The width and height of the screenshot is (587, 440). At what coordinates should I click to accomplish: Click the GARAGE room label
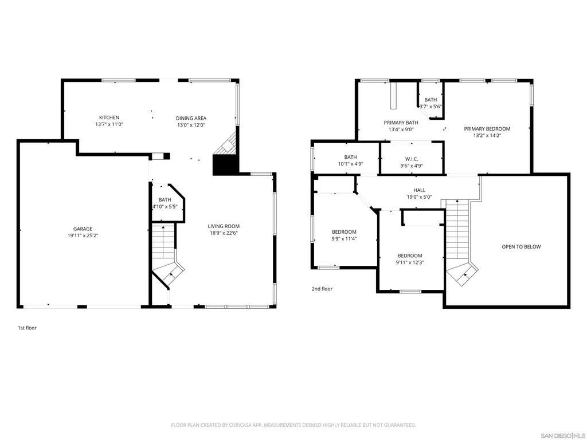pos(83,229)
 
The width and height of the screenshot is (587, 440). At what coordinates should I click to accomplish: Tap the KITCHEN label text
pos(109,117)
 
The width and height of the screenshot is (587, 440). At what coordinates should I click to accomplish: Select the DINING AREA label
pos(191,118)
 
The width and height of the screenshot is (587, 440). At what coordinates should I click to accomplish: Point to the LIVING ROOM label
pos(224,226)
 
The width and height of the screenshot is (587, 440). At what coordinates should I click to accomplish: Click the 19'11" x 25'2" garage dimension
pos(83,235)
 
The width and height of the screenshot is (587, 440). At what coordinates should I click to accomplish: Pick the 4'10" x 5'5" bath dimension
pos(165,206)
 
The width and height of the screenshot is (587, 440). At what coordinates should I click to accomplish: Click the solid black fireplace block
pos(225,165)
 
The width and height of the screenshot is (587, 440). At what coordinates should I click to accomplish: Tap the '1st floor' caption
pos(27,328)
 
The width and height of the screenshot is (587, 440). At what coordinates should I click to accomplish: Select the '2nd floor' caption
pos(322,289)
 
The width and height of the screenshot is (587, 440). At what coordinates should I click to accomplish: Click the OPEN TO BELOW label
pos(521,247)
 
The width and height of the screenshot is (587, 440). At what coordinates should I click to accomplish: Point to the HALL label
pos(420,190)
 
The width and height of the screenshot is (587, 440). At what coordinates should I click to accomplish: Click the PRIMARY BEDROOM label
pos(487,129)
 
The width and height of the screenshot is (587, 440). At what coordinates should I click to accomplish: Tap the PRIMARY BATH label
pos(401,123)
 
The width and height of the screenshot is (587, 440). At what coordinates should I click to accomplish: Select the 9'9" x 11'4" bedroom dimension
pos(344,239)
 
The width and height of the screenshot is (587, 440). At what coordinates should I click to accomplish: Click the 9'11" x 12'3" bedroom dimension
pos(410,262)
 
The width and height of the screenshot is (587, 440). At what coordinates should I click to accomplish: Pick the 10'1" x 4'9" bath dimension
pos(350,164)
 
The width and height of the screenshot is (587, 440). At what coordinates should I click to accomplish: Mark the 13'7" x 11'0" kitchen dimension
pos(109,124)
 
